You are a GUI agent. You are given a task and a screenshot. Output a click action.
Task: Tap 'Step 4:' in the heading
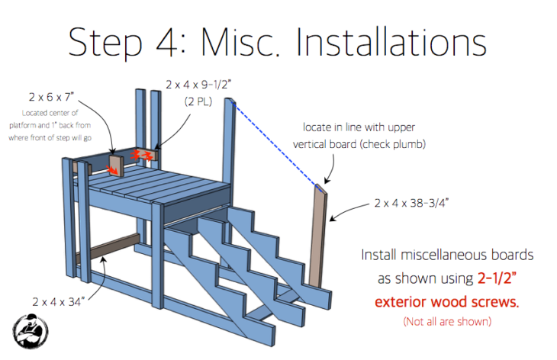pos(123,43)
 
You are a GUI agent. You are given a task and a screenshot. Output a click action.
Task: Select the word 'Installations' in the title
pos(396,43)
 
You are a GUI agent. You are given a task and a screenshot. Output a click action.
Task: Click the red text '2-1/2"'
pos(490,277)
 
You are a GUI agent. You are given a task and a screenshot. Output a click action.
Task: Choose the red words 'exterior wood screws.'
pos(447,301)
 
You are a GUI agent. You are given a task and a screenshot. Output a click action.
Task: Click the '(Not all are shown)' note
pos(447,321)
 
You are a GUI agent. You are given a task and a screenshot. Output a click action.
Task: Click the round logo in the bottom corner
pos(31,333)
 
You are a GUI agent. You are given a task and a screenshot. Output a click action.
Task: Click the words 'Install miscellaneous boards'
pos(447,253)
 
